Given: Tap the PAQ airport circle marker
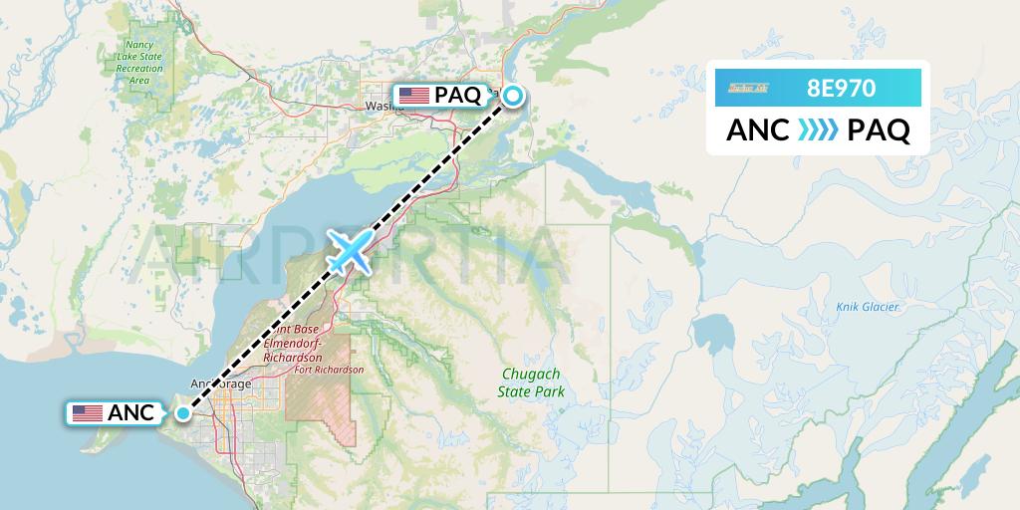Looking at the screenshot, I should tap(512, 96).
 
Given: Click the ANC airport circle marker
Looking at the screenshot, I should tap(183, 412).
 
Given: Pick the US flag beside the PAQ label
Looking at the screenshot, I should tap(413, 96).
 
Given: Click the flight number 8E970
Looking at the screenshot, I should tap(842, 88).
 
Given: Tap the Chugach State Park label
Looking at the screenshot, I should tap(531, 382).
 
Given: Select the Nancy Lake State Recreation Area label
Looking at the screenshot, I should tap(139, 62).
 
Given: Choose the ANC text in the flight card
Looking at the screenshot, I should tap(758, 130).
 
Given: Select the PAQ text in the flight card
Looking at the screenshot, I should tap(878, 130).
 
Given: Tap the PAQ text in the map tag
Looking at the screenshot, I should tap(457, 96).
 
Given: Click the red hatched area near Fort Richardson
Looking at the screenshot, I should tap(319, 408).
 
